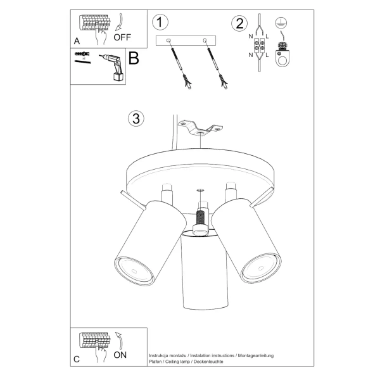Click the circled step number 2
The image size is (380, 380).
[239, 24]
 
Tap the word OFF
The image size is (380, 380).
[122, 37]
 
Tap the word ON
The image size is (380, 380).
[120, 355]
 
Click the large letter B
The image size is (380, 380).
[134, 59]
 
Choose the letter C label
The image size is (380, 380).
[77, 359]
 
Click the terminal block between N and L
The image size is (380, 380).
[259, 48]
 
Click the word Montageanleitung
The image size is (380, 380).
[256, 357]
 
